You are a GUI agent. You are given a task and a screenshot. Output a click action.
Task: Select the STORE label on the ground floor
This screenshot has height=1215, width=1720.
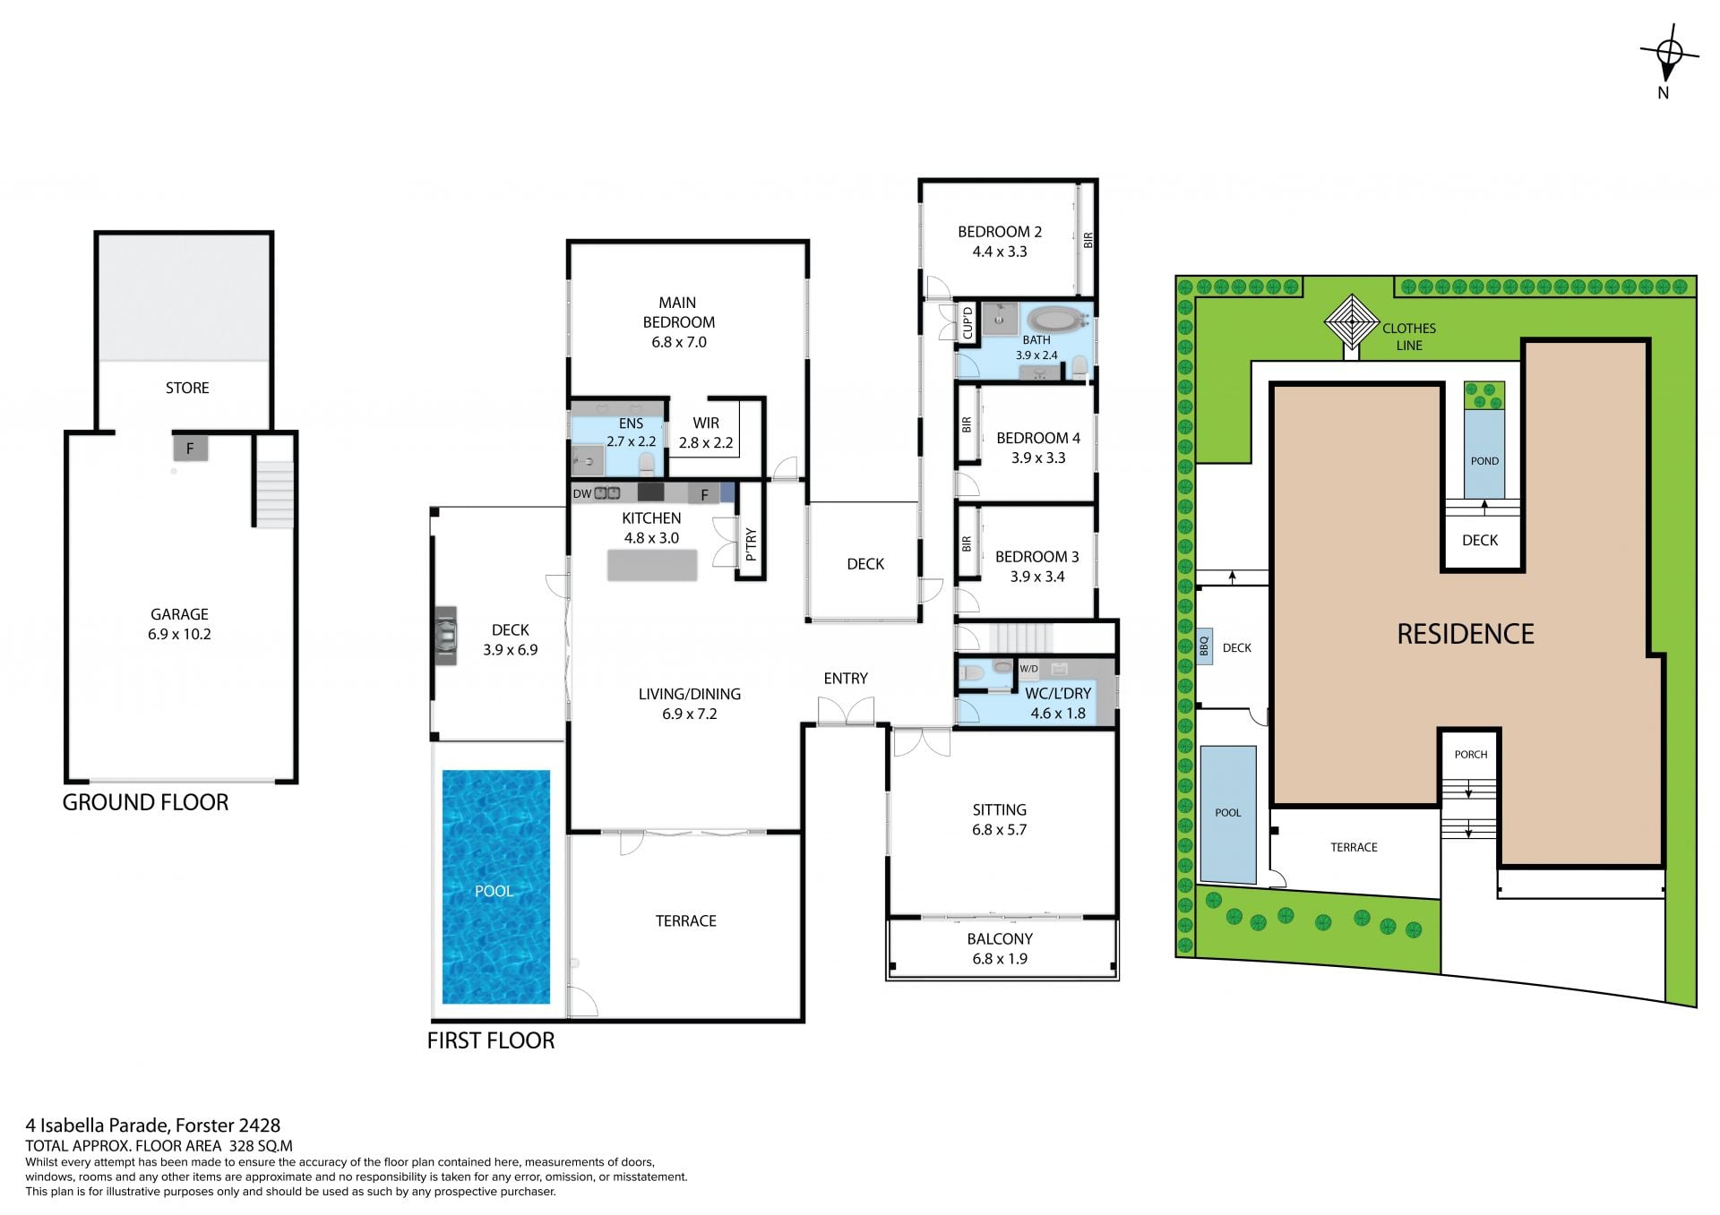pos(187,388)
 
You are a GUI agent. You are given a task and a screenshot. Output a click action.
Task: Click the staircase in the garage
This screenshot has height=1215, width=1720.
pos(274,493)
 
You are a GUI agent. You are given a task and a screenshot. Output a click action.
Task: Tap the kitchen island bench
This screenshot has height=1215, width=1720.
pos(652,565)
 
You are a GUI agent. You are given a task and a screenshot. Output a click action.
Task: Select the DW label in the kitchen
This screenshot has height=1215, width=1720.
pos(582,493)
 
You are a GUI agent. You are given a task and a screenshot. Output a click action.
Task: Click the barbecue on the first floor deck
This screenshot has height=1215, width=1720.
pos(445,635)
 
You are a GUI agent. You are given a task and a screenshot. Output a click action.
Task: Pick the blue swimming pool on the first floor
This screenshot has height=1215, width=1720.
pos(495,886)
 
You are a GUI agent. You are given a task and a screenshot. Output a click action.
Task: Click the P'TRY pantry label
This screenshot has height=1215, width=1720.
pos(751,544)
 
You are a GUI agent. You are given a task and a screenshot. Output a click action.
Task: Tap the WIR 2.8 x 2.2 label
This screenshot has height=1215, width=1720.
pos(706,432)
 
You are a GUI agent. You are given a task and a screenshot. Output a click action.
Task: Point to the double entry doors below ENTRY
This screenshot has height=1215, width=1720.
pos(846,712)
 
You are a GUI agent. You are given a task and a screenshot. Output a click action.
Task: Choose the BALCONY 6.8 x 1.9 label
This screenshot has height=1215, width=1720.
pos(1000,948)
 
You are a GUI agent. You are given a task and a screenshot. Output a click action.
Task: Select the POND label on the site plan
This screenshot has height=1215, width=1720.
pos(1484,461)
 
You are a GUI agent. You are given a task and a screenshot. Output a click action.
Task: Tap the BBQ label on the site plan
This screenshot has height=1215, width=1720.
pos(1204,645)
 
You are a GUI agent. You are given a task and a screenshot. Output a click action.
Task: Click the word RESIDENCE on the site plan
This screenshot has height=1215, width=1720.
pos(1466,634)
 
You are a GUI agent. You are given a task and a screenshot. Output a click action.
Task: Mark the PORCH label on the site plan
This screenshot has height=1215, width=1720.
pos(1471,754)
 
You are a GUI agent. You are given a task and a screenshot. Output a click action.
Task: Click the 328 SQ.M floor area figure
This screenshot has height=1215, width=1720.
pos(261,1146)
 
